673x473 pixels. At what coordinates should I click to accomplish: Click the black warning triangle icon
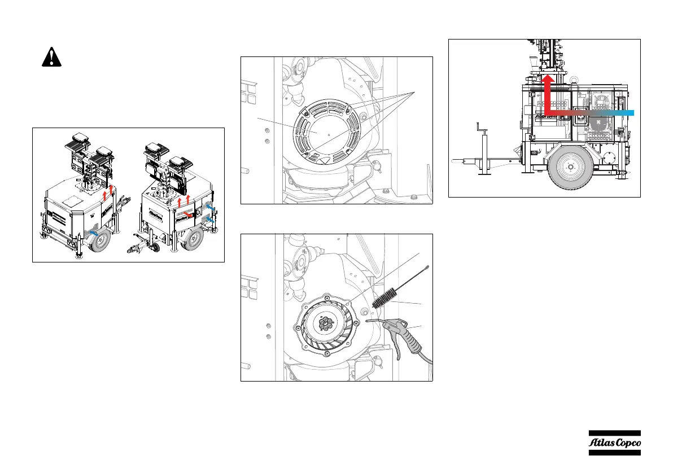[x=51, y=57]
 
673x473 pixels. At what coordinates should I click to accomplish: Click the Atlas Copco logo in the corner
[x=614, y=443]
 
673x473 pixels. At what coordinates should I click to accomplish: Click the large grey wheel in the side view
[x=570, y=167]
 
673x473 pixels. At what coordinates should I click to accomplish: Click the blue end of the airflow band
[x=627, y=113]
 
